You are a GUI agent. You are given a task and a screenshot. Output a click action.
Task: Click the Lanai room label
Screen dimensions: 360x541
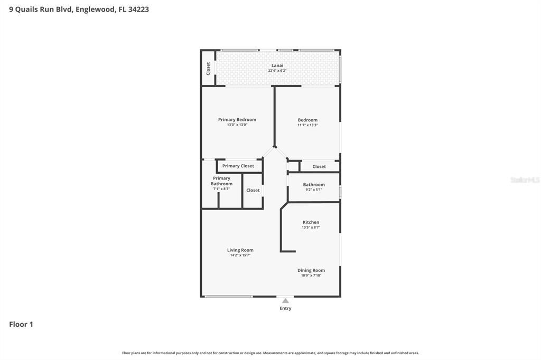click(x=277, y=65)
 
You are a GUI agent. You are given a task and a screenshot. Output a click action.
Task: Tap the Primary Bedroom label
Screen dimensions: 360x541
click(x=237, y=120)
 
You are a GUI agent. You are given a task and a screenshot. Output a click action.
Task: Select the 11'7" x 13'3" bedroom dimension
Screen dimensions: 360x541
click(x=307, y=125)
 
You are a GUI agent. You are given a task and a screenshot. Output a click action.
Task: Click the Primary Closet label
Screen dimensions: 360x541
click(x=238, y=166)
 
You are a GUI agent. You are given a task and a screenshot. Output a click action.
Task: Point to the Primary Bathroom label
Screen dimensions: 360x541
click(x=221, y=181)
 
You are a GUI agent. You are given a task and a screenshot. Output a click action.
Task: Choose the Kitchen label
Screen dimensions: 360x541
click(x=311, y=222)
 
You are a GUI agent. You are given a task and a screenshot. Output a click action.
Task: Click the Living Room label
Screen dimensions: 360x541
click(x=240, y=250)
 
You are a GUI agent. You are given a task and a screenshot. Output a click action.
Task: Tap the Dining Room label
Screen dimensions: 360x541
click(x=311, y=270)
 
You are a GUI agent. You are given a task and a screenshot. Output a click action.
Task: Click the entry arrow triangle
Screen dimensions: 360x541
click(x=285, y=301)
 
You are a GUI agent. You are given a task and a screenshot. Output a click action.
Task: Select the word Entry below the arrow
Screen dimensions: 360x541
click(x=285, y=308)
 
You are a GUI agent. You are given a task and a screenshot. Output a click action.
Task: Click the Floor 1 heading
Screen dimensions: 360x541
click(x=21, y=324)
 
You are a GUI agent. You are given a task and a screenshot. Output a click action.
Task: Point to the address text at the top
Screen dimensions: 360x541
click(x=79, y=9)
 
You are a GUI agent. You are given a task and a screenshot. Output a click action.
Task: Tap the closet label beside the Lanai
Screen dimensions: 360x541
click(x=208, y=68)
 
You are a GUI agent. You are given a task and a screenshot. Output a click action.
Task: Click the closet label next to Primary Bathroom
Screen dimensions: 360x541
click(x=253, y=190)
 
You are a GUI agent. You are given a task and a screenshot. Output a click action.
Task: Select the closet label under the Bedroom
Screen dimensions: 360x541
click(x=319, y=166)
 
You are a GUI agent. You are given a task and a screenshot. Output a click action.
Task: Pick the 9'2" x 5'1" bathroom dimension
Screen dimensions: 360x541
click(x=314, y=190)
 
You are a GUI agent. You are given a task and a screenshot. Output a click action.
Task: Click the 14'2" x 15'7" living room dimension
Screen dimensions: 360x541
click(x=240, y=255)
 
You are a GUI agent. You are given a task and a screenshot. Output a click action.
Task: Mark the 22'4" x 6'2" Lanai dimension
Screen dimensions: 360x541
click(x=277, y=71)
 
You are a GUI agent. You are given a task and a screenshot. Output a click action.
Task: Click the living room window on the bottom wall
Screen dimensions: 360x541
click(x=229, y=296)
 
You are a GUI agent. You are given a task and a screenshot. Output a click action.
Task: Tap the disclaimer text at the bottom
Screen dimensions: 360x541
click(x=270, y=353)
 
